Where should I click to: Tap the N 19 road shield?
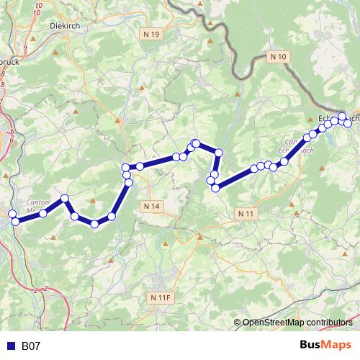151,34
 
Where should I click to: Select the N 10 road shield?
278,56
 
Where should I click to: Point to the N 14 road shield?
151,207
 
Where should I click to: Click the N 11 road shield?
246,214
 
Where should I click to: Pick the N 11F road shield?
161,297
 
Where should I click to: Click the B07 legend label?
31,346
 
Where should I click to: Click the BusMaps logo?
325,346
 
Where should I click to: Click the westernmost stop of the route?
12,214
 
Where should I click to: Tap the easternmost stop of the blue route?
348,124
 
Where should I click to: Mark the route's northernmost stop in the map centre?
195,143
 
